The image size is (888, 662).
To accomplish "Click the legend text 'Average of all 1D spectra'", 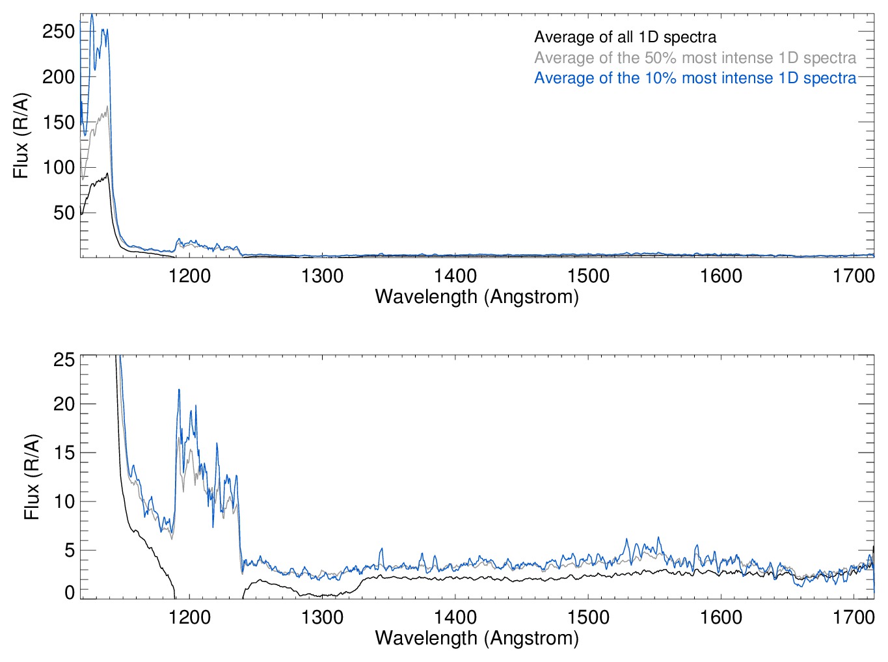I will [x=625, y=38].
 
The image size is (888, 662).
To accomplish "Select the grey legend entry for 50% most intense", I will [x=695, y=58].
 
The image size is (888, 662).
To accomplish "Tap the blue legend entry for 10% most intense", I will [x=695, y=78].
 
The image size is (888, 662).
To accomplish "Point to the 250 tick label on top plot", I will [x=59, y=31].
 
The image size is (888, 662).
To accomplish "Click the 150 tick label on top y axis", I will [x=59, y=122].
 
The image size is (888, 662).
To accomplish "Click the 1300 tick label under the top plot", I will [x=322, y=276].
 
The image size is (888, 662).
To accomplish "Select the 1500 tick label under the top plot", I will [x=588, y=276].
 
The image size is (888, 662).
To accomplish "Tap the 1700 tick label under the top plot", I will [x=854, y=276].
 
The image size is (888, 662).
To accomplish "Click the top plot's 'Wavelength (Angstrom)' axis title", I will [x=477, y=297].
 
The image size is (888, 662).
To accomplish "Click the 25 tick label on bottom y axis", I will [x=64, y=360].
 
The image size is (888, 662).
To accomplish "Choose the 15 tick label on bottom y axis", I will [x=64, y=453].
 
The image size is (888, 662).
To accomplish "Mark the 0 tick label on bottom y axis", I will [x=70, y=592].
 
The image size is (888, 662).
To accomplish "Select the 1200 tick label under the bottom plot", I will [x=189, y=617].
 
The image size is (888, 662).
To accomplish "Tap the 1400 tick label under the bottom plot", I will [x=455, y=617].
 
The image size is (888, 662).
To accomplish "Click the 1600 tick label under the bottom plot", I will [x=721, y=617].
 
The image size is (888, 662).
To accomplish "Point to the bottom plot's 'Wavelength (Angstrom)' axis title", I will [x=477, y=638].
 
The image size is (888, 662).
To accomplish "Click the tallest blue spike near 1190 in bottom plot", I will [x=179, y=390].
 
